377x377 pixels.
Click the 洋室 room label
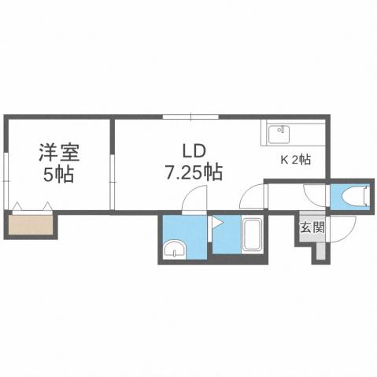click(x=57, y=151)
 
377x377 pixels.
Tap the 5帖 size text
click(x=57, y=173)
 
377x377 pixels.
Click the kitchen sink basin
click(x=279, y=135)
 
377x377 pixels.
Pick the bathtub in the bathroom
click(x=253, y=235)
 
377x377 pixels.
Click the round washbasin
click(x=174, y=251)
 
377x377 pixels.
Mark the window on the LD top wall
click(x=191, y=116)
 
